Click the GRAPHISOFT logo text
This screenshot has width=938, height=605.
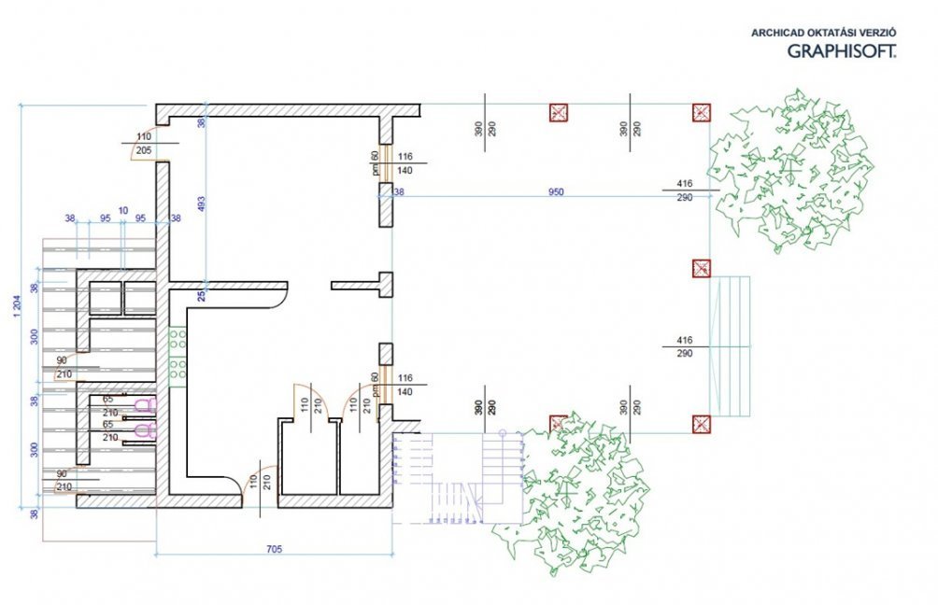[842, 51]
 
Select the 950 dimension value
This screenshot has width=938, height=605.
[556, 192]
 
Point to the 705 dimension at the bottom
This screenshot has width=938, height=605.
[274, 549]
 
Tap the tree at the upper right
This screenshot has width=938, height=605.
[787, 168]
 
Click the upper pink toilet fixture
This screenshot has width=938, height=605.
[143, 405]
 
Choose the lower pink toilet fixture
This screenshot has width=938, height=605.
[143, 430]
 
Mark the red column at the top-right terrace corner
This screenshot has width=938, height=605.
[700, 113]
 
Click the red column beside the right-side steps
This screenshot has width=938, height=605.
[700, 269]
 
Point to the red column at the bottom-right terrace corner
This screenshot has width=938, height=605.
[700, 425]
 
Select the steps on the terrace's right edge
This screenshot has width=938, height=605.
[730, 345]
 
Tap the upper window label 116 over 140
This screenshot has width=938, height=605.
[405, 163]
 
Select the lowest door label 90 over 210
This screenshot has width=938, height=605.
[64, 480]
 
